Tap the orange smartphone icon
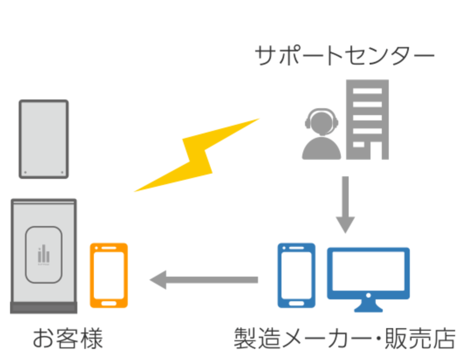(109, 275)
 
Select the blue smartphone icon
(296, 275)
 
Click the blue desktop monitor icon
(368, 273)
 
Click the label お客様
(68, 339)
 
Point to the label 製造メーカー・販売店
(344, 339)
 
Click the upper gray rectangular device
(44, 139)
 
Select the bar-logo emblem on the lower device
(44, 254)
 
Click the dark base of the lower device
(44, 307)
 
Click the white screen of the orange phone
(109, 275)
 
